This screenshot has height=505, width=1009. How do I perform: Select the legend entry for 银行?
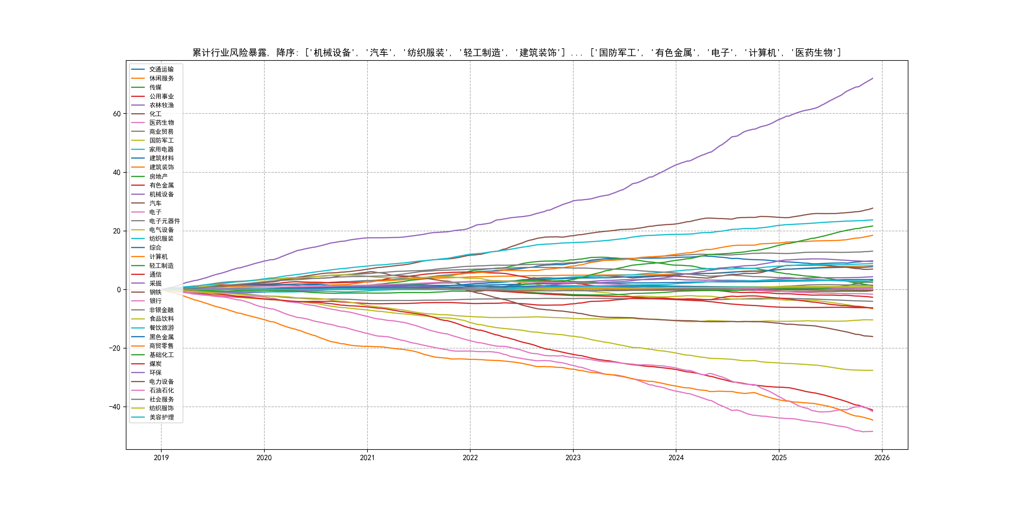[x=155, y=301]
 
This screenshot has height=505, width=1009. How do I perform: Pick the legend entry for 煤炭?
[x=155, y=363]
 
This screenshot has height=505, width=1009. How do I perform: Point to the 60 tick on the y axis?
[x=117, y=114]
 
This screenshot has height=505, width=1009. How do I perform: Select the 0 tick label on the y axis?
[x=119, y=290]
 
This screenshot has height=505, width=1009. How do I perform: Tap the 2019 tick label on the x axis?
[x=161, y=458]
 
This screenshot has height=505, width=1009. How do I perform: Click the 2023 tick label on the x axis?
[x=573, y=458]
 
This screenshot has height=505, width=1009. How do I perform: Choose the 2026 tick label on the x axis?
[x=882, y=458]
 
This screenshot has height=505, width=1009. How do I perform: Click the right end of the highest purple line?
[x=873, y=79]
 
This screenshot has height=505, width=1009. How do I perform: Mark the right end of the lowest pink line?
[x=873, y=431]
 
